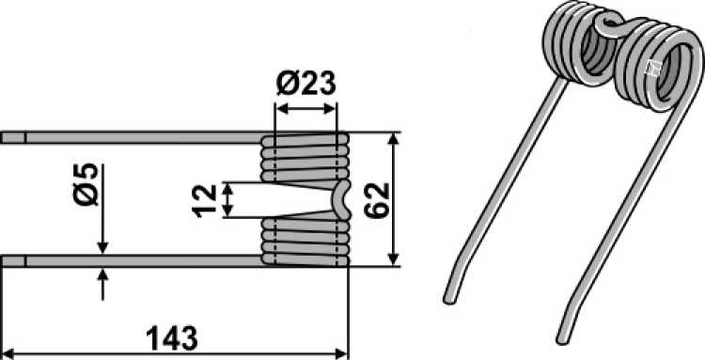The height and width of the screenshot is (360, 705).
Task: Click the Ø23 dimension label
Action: (x=305, y=84)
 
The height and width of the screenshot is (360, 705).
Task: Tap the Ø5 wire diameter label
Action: (x=86, y=184)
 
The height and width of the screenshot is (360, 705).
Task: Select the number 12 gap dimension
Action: (x=205, y=200)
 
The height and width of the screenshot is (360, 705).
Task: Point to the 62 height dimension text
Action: (x=377, y=200)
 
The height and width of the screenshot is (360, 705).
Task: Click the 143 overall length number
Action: (x=172, y=338)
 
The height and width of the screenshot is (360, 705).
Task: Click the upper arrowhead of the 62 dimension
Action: (x=393, y=138)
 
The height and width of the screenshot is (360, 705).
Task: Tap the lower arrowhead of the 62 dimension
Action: (x=393, y=259)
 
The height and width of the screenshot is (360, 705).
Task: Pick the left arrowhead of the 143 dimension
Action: (x=9, y=353)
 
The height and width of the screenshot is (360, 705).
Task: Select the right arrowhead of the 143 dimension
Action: (x=342, y=353)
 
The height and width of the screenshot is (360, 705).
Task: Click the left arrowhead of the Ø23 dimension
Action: (x=281, y=108)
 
